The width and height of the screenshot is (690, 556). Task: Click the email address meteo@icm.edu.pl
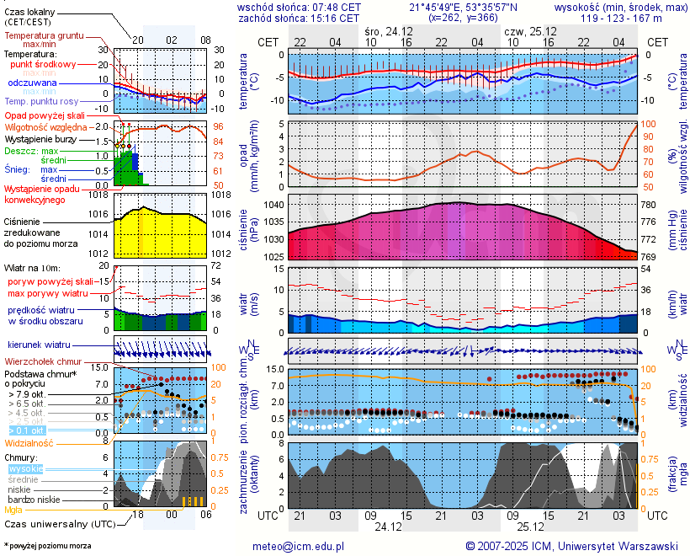pos(299,546)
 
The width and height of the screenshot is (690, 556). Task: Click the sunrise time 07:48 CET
pos(337,7)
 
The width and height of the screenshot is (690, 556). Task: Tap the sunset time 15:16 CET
pos(337,17)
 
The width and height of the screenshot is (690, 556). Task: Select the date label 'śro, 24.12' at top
pos(389,30)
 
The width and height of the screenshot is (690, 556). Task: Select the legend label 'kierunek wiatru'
pos(39,345)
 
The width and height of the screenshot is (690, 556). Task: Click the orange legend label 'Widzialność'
pos(29,442)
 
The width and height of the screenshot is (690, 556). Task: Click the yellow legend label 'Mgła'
pos(13,510)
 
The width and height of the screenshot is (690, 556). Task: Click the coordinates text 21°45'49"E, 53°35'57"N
pos(464,7)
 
